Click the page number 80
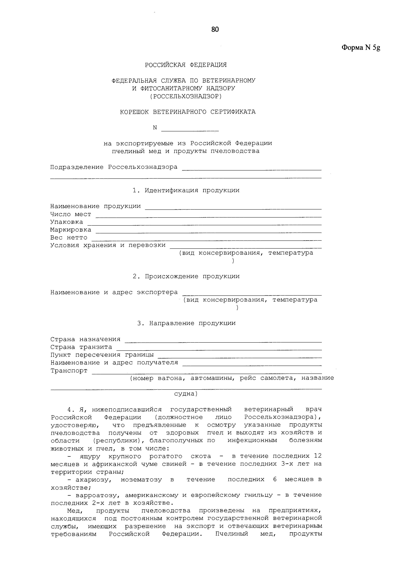click(x=215, y=30)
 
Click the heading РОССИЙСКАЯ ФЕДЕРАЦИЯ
click(x=186, y=65)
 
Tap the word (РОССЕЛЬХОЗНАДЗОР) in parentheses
click(x=186, y=96)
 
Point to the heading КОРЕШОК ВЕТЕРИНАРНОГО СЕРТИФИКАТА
click(x=188, y=112)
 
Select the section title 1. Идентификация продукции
click(x=186, y=190)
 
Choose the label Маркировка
click(x=71, y=230)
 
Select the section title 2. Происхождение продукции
click(x=186, y=276)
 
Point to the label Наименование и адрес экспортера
click(x=114, y=292)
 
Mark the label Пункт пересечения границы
click(x=102, y=355)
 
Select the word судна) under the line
click(x=186, y=394)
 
